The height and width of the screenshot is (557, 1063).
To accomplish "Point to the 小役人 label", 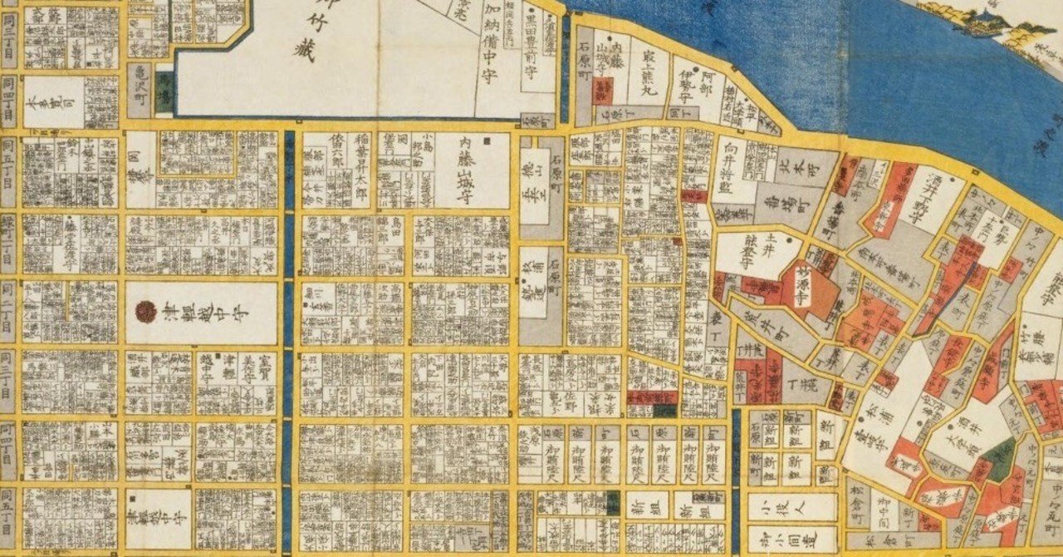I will coord(791,506).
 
